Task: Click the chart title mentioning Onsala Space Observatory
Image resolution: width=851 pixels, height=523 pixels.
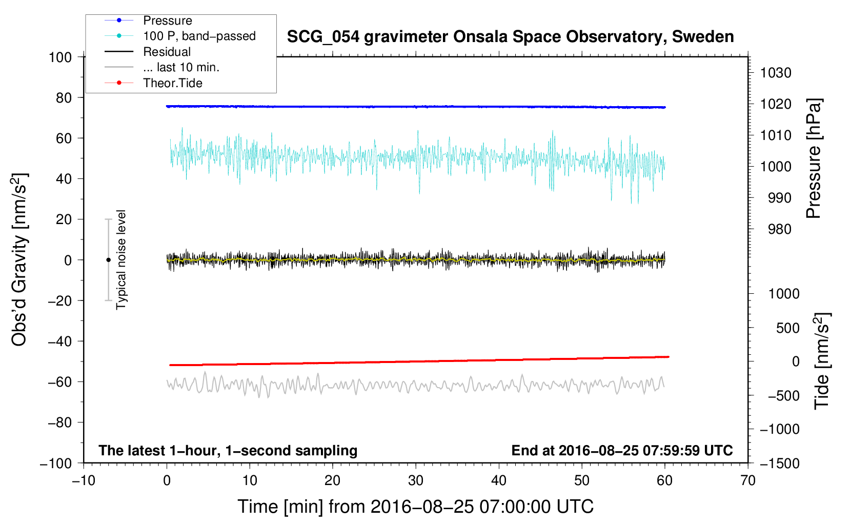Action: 510,37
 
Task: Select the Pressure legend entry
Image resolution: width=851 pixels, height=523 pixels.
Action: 167,21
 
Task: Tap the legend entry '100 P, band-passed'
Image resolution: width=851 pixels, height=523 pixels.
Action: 199,36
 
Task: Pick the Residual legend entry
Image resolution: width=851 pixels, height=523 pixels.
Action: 167,52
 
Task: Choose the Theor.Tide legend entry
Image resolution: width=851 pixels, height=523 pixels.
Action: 172,83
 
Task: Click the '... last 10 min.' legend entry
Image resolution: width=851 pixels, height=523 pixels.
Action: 181,67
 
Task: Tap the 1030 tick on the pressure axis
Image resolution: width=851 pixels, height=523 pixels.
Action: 776,73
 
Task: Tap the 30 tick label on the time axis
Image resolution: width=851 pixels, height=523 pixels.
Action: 416,480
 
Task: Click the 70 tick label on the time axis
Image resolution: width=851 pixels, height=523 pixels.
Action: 748,480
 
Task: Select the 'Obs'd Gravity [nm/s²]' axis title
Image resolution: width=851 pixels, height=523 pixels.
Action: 19,259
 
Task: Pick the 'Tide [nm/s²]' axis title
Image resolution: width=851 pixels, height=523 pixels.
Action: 822,361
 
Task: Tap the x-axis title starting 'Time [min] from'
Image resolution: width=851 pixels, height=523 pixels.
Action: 415,507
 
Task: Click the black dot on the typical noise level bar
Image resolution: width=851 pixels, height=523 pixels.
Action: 108,260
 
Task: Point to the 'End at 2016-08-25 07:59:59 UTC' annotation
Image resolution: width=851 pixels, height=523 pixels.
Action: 622,450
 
